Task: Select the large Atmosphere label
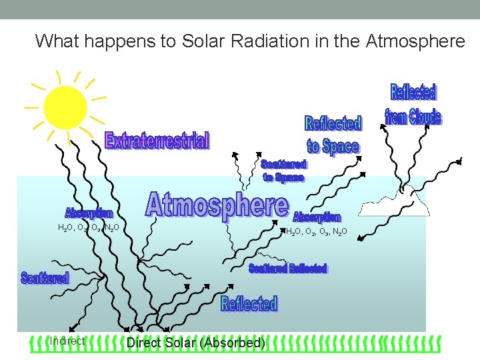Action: pyautogui.click(x=218, y=205)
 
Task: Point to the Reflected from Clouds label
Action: pyautogui.click(x=413, y=105)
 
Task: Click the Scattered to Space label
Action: pyautogui.click(x=283, y=171)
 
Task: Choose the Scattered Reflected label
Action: pyautogui.click(x=287, y=268)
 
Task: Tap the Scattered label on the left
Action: pyautogui.click(x=45, y=278)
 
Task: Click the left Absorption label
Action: pyautogui.click(x=89, y=213)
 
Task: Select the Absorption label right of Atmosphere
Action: pyautogui.click(x=317, y=217)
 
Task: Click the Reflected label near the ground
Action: pyautogui.click(x=249, y=304)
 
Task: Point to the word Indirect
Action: pyautogui.click(x=67, y=341)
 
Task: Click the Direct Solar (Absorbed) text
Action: pyautogui.click(x=196, y=343)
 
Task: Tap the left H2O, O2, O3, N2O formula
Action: pyautogui.click(x=89, y=228)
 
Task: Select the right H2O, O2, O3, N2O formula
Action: pyautogui.click(x=316, y=232)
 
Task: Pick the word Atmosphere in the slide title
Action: pyautogui.click(x=415, y=41)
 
